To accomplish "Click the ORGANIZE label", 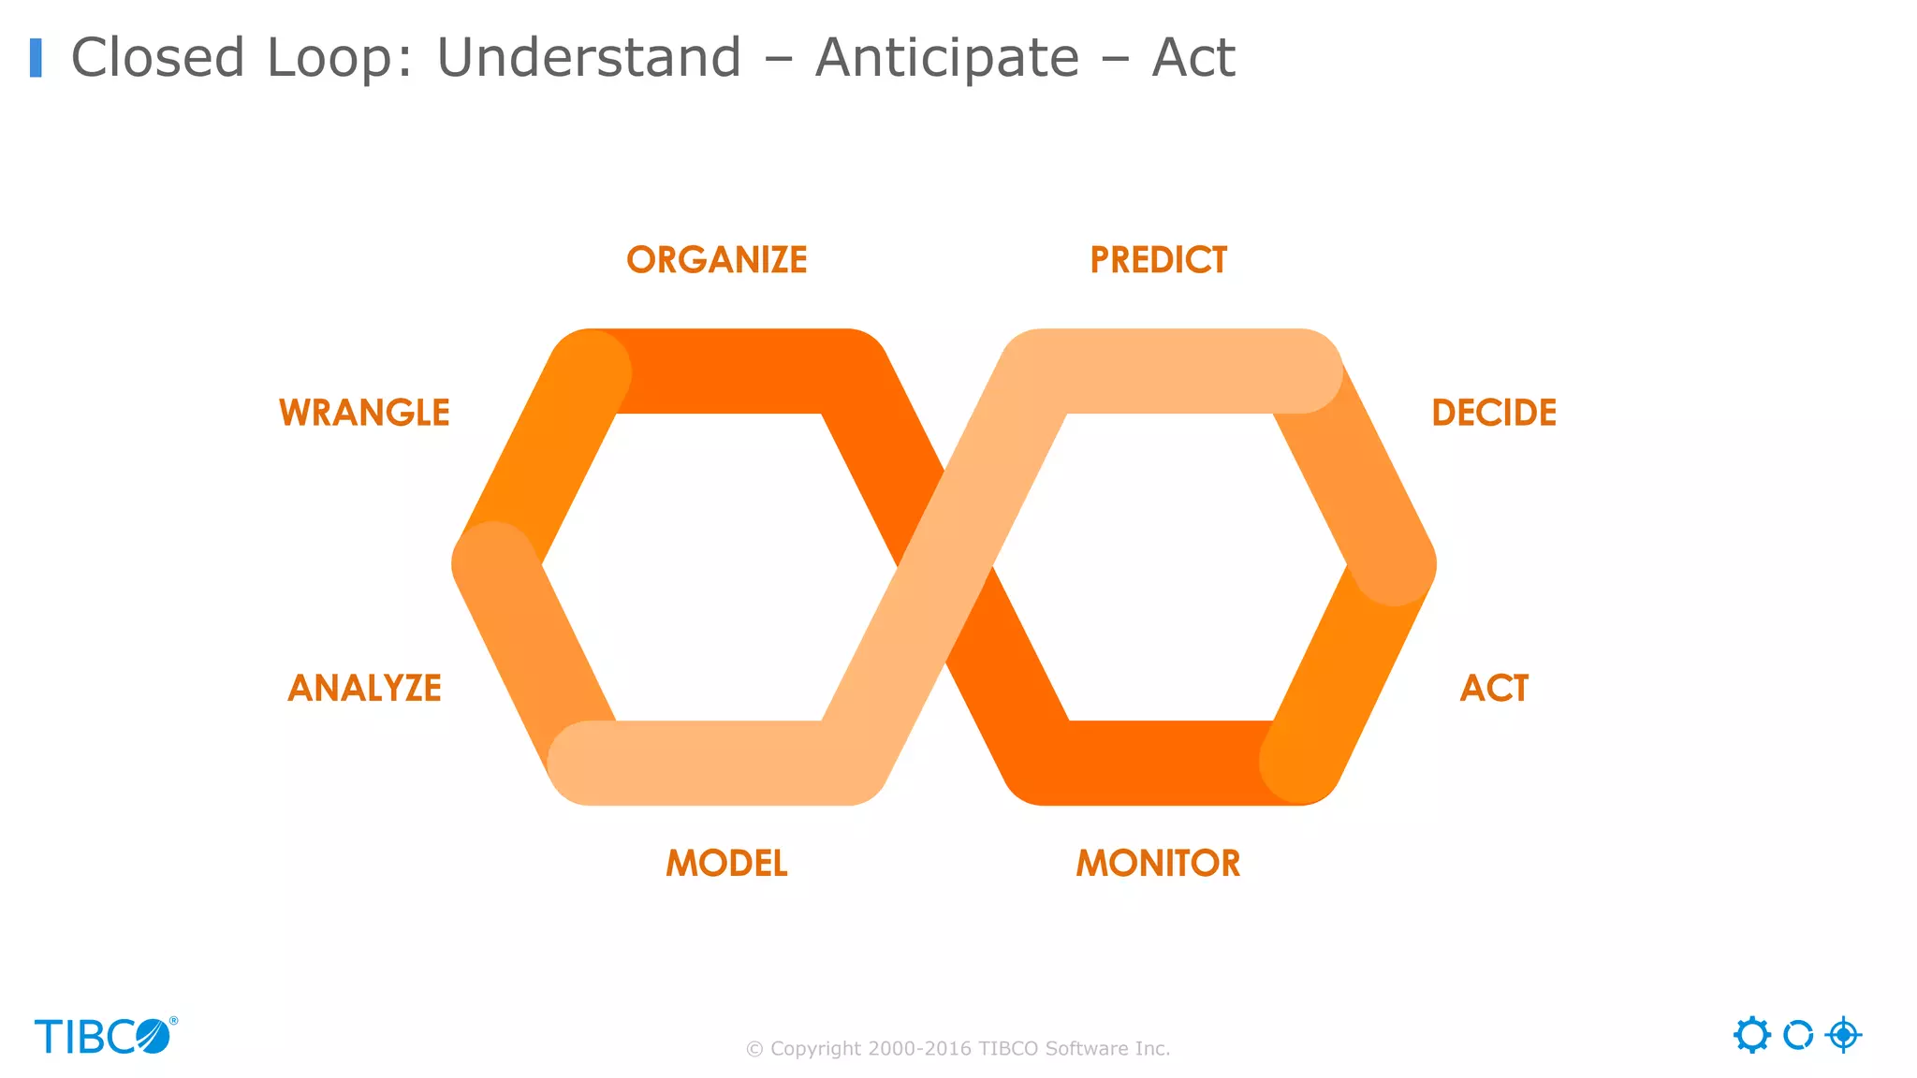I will [x=717, y=260].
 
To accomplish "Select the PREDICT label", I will [x=1158, y=260].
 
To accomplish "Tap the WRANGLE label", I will [x=364, y=413].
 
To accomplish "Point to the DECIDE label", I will [x=1494, y=413].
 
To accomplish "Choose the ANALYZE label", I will [x=364, y=688].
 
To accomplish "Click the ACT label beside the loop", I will [x=1494, y=688].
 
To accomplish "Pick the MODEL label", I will [x=726, y=863].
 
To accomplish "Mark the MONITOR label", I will [x=1158, y=863].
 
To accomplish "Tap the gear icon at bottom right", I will [x=1751, y=1035].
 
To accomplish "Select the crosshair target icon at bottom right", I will [x=1843, y=1035].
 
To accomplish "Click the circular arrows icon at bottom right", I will [x=1797, y=1035].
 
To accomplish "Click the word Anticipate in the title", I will [x=947, y=58].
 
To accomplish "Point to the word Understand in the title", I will [x=589, y=58].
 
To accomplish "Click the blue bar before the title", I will [x=36, y=58].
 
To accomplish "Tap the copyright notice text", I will [x=958, y=1049].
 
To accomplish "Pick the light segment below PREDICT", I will [x=1170, y=371].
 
